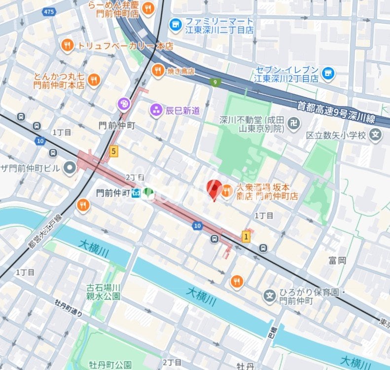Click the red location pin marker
point(213,189)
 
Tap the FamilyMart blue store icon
point(175,24)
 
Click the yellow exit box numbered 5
point(114,151)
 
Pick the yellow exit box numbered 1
point(246,237)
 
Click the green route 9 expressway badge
point(214,82)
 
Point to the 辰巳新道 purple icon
point(157,111)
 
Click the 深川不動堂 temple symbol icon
point(294,123)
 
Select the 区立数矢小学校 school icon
point(376,135)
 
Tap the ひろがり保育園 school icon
point(270,296)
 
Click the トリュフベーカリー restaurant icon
point(68,46)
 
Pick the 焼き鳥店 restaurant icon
point(158,71)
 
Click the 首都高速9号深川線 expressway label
point(343,111)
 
